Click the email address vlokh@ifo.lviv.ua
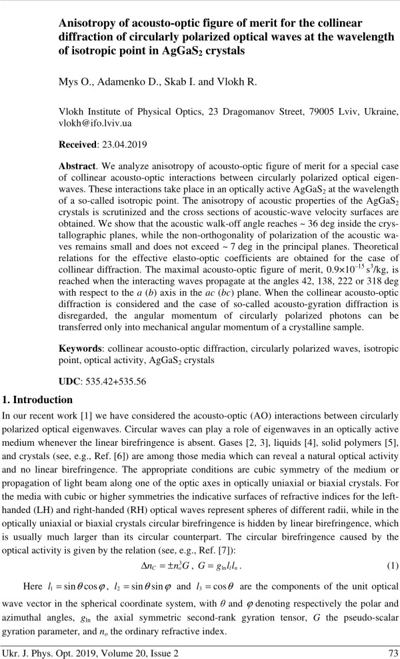coord(93,123)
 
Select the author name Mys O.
coord(74,83)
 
